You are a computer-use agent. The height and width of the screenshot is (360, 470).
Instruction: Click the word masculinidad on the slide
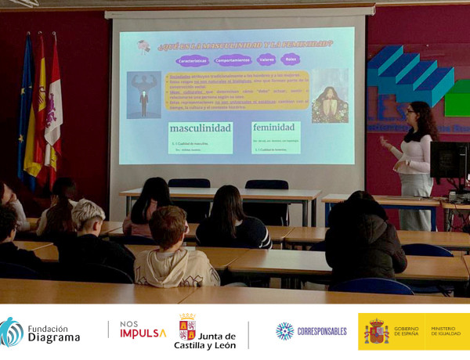pos(200,128)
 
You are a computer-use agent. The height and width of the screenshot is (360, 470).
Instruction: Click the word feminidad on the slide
pos(276,127)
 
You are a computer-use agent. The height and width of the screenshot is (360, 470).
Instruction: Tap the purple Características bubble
pos(191,59)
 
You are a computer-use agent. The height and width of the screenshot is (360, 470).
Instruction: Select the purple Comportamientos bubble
pos(233,59)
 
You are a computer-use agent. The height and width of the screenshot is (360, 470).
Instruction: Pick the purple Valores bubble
pos(266,59)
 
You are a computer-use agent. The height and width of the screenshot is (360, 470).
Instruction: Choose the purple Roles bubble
pos(290,59)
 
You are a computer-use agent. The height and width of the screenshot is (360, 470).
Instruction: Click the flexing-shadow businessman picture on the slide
pos(143,95)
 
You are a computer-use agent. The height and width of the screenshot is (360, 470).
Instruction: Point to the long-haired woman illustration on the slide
pos(329,96)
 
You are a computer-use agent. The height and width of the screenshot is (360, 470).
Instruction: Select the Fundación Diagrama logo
pos(41,332)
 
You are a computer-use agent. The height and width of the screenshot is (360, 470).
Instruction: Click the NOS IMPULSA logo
pos(143,329)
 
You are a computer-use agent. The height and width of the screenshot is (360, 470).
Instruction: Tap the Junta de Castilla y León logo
pos(204,332)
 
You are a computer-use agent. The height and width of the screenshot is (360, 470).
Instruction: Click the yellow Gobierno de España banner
pos(414,331)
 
